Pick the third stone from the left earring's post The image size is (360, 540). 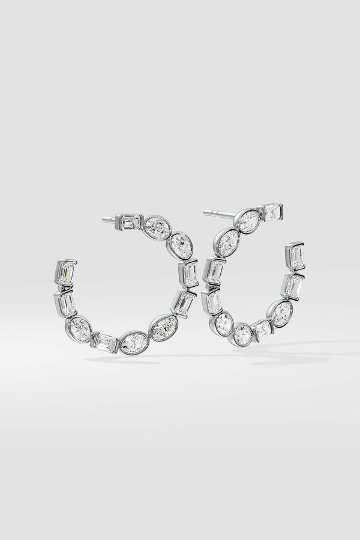180,247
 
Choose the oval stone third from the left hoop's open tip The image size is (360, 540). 80,329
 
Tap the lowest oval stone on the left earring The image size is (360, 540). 134,344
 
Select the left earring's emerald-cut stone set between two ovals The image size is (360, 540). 105,342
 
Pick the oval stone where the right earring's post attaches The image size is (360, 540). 247,221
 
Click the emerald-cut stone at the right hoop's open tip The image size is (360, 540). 295,256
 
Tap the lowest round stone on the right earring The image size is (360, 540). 242,334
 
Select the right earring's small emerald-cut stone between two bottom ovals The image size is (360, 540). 262,329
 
